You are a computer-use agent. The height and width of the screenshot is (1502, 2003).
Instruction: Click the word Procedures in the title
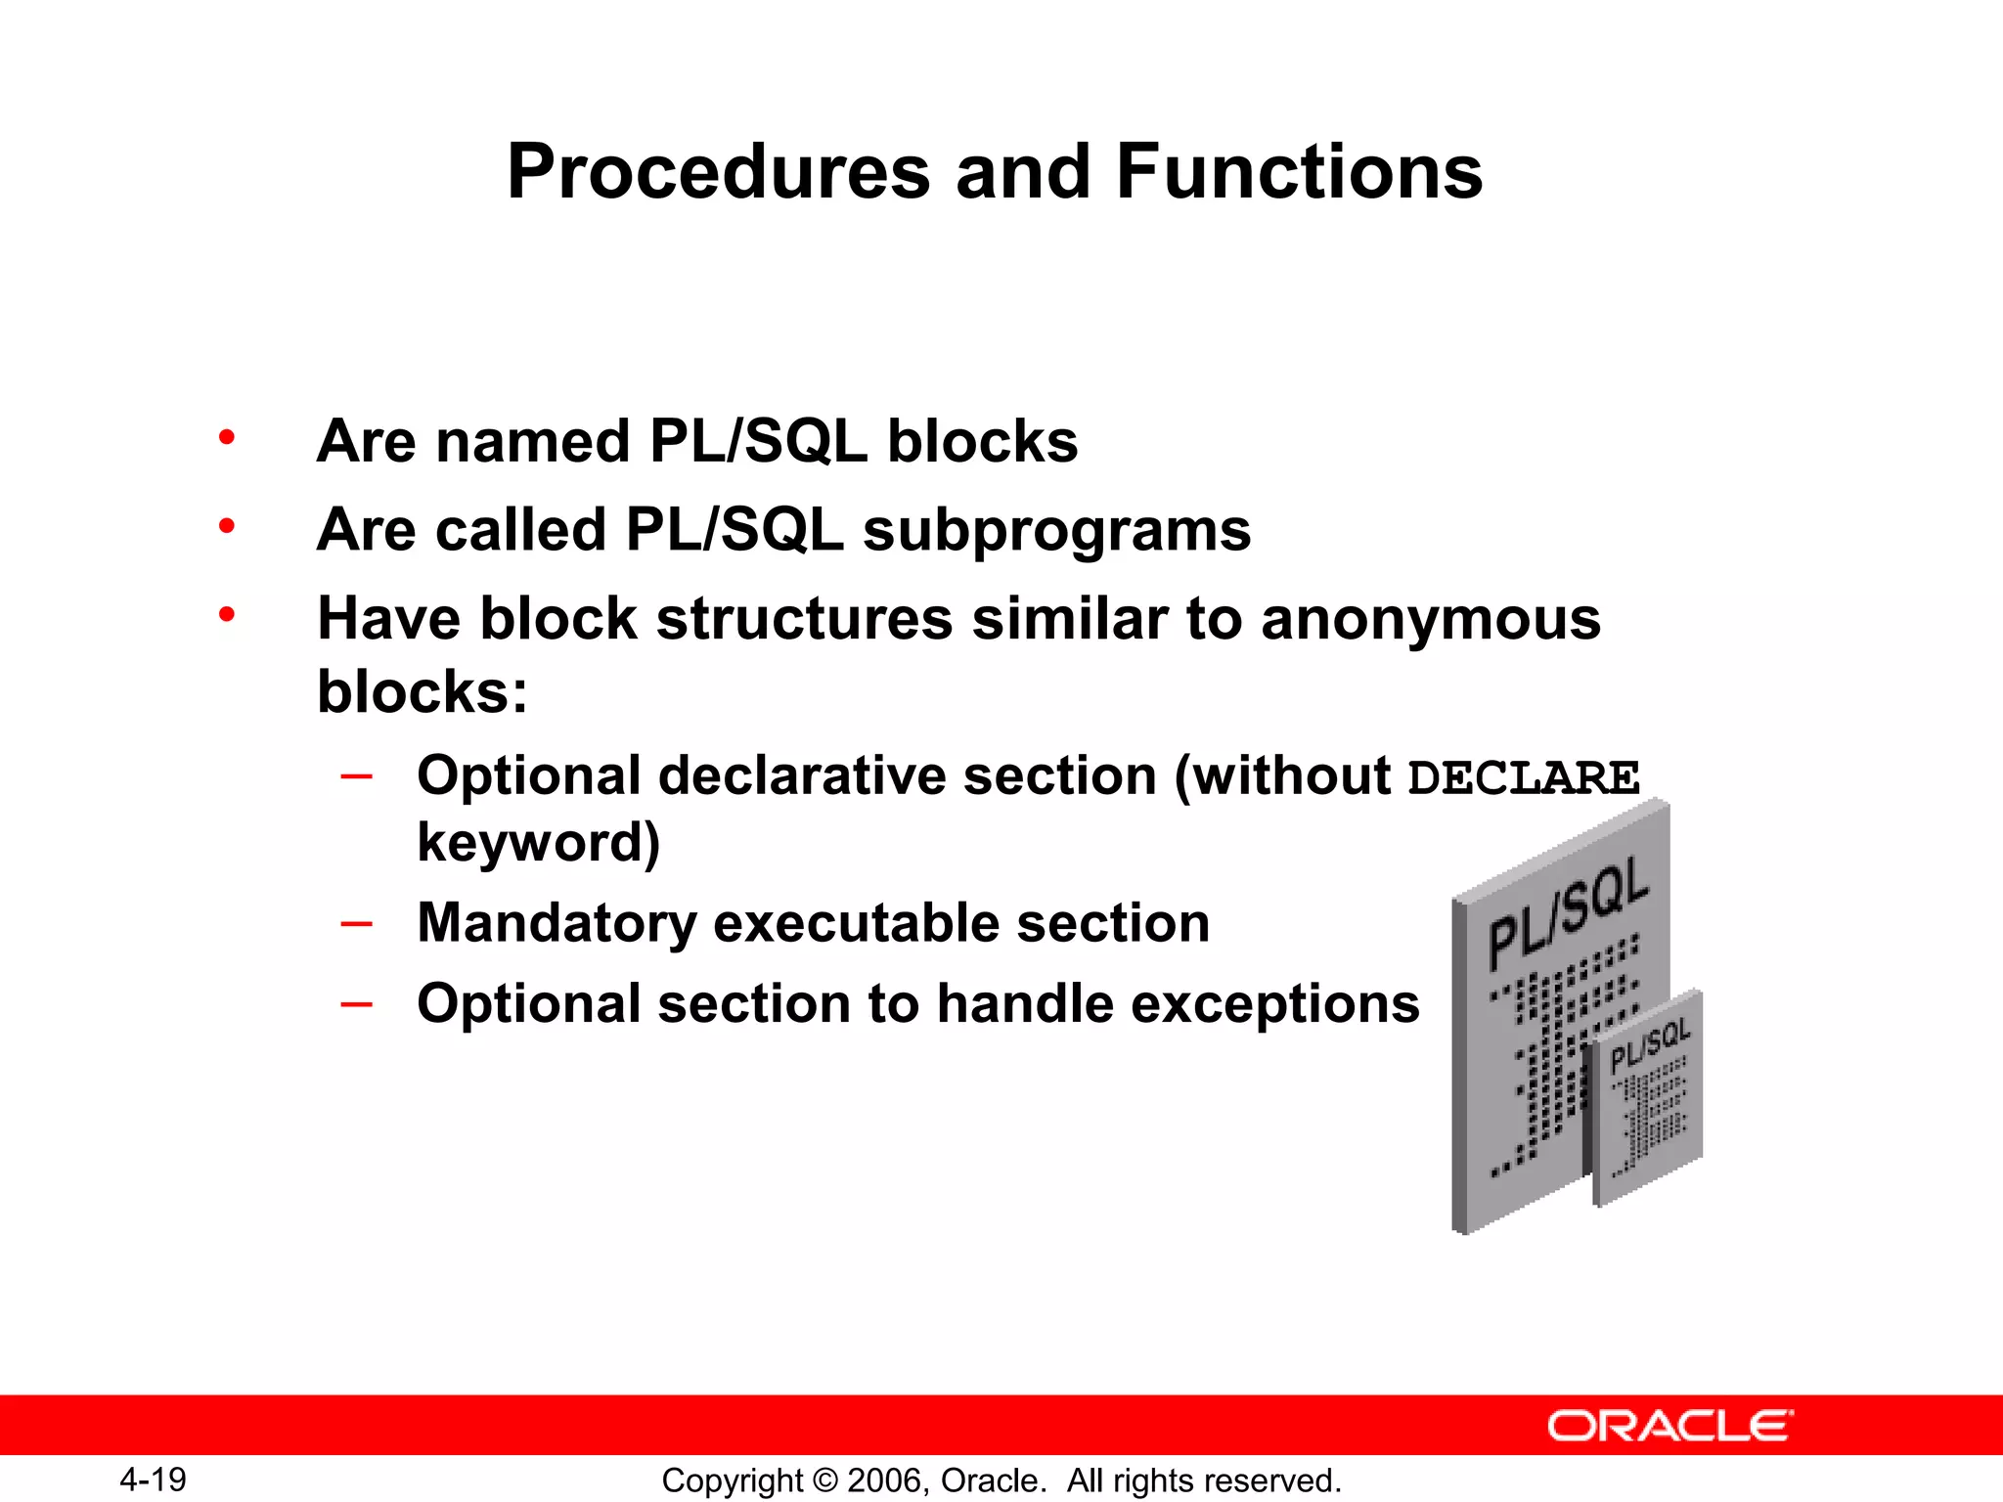[x=718, y=172]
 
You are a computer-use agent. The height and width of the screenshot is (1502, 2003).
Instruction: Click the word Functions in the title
[x=1299, y=172]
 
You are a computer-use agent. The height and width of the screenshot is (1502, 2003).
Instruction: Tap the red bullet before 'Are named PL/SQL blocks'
[x=227, y=437]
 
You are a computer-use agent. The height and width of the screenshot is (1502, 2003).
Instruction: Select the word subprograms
[x=1056, y=531]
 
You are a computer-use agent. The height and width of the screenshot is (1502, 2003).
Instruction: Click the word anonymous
[x=1430, y=620]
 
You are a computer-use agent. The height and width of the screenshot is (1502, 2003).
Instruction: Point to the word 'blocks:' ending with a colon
[x=423, y=692]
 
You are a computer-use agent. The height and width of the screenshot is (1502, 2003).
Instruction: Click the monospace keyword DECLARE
[x=1523, y=778]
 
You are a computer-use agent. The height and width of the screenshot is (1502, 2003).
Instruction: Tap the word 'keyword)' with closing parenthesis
[x=538, y=843]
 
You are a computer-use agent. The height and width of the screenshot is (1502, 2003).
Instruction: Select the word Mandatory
[x=557, y=923]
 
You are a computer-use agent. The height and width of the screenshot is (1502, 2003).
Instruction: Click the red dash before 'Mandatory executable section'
[x=357, y=923]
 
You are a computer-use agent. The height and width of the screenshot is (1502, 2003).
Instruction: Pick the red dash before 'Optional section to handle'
[x=357, y=1004]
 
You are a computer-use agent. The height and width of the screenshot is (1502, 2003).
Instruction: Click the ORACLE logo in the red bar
[x=1669, y=1426]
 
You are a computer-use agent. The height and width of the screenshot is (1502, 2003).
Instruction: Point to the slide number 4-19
[x=154, y=1480]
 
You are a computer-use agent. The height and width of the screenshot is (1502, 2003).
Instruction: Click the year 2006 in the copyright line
[x=883, y=1480]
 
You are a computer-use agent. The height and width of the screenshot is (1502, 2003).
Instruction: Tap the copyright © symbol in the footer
[x=824, y=1480]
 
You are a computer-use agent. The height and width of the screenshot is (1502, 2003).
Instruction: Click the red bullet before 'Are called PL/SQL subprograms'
[x=227, y=526]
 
